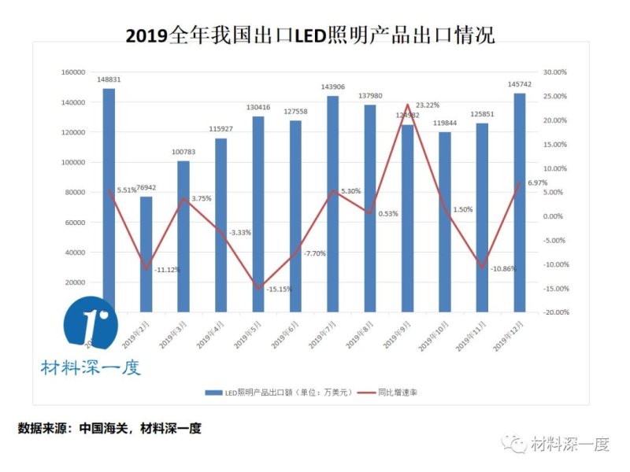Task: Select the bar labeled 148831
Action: pyautogui.click(x=109, y=197)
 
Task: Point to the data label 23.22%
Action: pyautogui.click(x=428, y=105)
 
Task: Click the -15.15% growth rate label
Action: pyautogui.click(x=279, y=289)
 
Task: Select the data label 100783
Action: pyautogui.click(x=183, y=153)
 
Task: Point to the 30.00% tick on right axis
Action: pyautogui.click(x=555, y=72)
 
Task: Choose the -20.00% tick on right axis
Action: pyautogui.click(x=554, y=312)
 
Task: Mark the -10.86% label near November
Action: pyautogui.click(x=503, y=269)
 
